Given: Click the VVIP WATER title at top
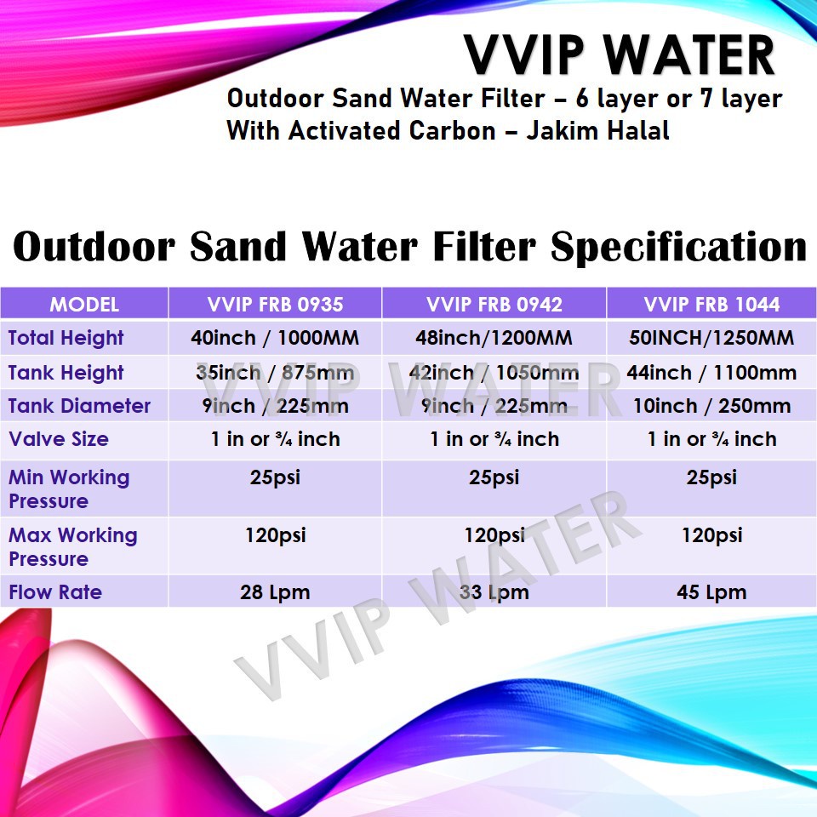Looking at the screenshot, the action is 619,55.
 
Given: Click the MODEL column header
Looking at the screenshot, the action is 84,305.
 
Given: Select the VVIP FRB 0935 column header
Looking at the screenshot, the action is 275,305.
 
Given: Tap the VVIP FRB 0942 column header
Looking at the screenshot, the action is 494,305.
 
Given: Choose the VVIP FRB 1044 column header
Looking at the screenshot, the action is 711,305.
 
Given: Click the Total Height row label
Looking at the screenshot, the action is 66,338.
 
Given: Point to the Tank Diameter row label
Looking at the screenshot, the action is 79,406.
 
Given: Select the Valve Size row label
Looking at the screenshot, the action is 59,439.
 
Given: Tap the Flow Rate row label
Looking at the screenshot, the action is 55,592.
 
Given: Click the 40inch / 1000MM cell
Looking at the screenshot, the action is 275,338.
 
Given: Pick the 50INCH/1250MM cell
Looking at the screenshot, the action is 711,338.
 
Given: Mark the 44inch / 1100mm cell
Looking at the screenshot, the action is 711,373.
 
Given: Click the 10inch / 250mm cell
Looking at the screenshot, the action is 711,406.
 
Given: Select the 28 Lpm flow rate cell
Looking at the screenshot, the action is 275,592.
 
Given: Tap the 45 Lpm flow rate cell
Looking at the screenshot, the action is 711,592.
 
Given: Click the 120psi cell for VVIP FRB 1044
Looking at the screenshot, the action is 711,535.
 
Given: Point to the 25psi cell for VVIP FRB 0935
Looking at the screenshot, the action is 275,477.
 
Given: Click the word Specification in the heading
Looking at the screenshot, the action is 679,248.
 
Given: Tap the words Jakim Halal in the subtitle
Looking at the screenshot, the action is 597,130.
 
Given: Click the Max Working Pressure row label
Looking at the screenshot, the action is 73,547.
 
